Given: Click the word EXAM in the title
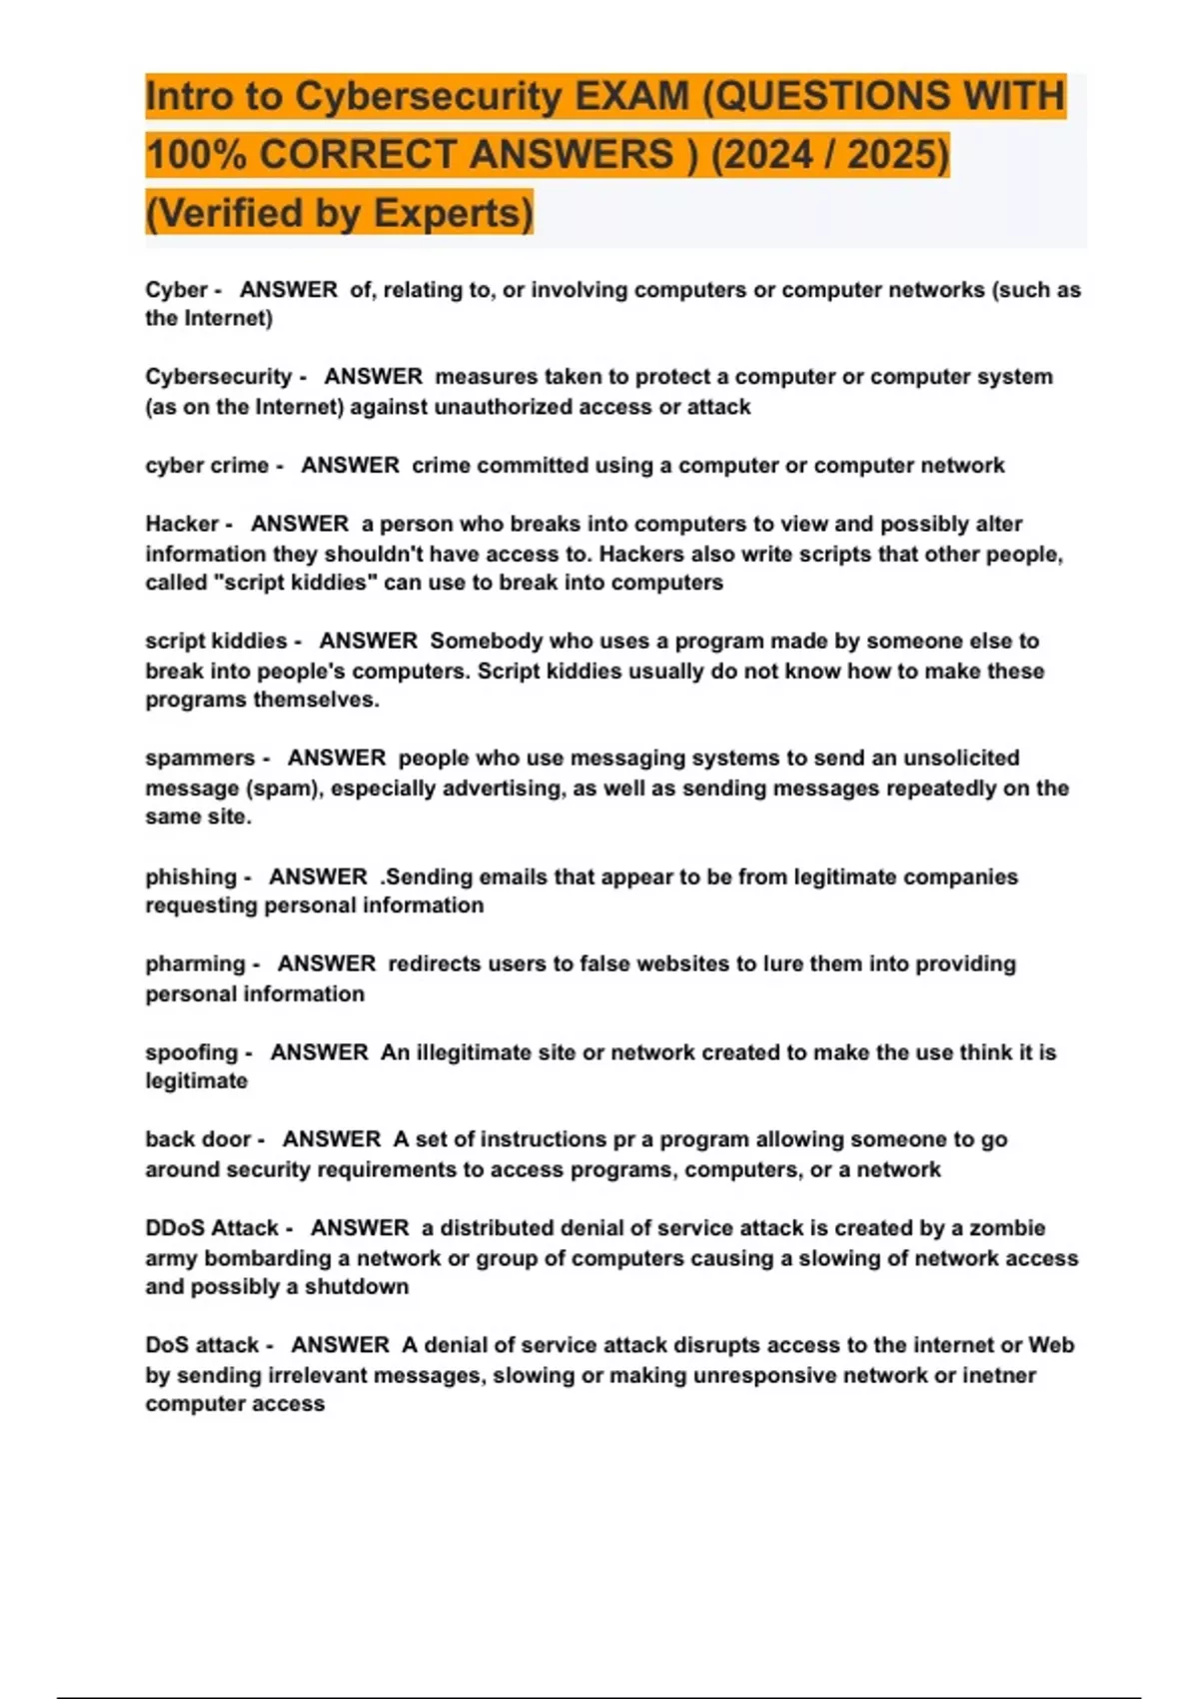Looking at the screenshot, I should click(631, 96).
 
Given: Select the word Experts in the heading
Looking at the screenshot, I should click(453, 213).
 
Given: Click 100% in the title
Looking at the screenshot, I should click(196, 155).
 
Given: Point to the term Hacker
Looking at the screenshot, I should click(182, 524).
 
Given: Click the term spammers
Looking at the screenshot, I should click(200, 758).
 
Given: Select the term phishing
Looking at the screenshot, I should click(190, 876).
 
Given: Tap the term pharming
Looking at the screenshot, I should click(195, 963).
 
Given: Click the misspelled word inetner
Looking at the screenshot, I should click(998, 1375).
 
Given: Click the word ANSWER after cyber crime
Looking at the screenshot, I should click(350, 466).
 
